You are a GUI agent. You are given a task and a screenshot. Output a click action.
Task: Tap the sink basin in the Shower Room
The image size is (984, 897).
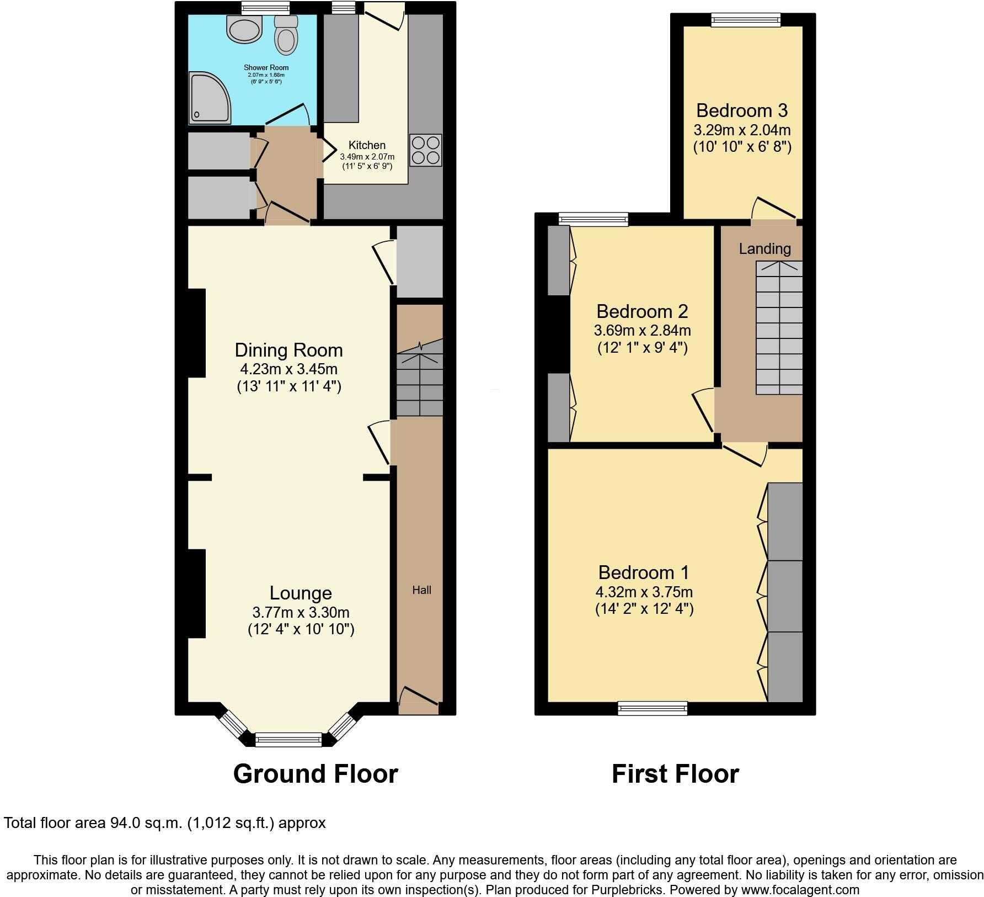244,29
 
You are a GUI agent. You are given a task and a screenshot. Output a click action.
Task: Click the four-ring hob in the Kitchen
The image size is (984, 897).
426,150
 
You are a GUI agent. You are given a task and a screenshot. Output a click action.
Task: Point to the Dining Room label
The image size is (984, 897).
288,350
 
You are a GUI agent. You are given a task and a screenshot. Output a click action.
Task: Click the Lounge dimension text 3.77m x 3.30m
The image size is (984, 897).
301,612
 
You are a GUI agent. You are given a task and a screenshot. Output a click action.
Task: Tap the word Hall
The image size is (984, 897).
421,590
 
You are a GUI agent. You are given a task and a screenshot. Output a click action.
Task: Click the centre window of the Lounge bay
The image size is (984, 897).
288,739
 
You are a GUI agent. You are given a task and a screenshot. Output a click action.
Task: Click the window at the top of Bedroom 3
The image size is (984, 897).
746,21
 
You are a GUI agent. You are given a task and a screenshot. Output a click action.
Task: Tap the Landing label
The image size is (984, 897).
764,249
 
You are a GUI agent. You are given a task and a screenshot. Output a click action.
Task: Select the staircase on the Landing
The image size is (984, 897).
779,328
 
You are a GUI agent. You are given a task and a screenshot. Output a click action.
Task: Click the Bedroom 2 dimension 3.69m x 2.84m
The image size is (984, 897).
642,331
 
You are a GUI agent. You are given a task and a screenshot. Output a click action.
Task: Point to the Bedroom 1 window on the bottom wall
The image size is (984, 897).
653,708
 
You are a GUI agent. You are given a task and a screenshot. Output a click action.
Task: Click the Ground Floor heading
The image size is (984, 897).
315,774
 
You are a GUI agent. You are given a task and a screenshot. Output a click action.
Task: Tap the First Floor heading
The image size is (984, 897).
675,774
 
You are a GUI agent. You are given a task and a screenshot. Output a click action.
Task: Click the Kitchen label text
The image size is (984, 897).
367,145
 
